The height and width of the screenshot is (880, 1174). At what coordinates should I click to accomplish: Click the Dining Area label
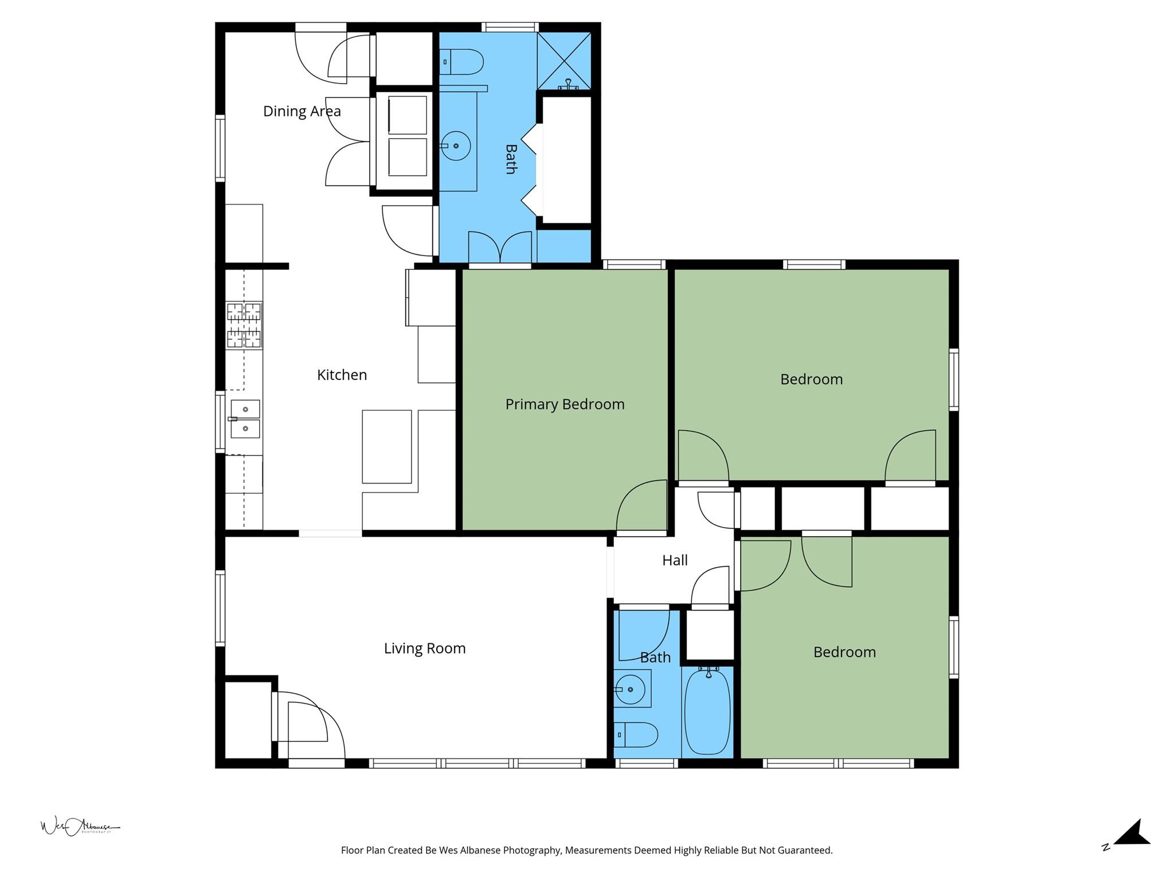pos(302,111)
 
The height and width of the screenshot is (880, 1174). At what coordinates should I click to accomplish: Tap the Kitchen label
pos(342,375)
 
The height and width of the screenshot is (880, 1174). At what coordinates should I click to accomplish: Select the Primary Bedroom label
pos(565,404)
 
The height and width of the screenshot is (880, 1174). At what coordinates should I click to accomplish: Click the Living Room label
pos(424,649)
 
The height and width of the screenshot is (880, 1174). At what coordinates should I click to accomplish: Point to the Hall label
pos(675,560)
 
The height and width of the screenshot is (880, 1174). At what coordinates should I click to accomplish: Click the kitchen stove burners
pos(244,325)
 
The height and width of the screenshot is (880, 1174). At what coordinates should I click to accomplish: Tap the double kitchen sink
pos(245,419)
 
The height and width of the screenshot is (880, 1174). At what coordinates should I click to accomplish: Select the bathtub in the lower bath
pos(708,712)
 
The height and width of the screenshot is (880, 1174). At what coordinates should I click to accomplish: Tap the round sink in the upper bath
pos(456,146)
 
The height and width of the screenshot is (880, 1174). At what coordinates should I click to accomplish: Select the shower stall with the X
pos(564,61)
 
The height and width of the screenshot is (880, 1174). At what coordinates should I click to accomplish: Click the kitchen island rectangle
pos(386,446)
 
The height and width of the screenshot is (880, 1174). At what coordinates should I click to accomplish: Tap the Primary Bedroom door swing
pos(641,506)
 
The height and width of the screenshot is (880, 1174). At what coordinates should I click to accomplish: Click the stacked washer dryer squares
pos(408,136)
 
